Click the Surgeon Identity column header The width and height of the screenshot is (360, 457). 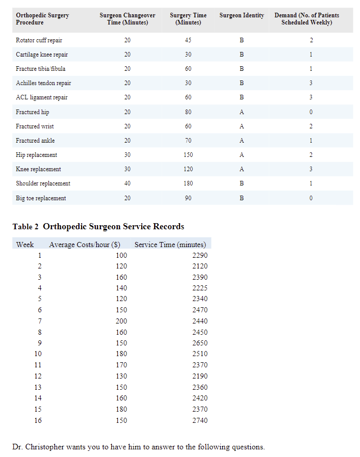[242, 15]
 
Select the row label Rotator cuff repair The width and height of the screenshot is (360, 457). [39, 40]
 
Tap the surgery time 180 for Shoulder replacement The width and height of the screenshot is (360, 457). [188, 183]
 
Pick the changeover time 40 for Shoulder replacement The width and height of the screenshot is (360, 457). [127, 183]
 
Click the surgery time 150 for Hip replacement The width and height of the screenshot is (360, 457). [188, 155]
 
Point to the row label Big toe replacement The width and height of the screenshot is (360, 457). [41, 198]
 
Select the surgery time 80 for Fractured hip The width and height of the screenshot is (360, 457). [188, 112]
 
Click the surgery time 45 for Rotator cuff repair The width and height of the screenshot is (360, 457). [188, 40]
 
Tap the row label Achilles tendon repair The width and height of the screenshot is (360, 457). [43, 83]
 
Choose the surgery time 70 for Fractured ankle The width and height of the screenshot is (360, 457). [188, 141]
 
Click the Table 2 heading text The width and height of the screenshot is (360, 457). [98, 227]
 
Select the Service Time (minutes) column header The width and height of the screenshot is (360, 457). [170, 245]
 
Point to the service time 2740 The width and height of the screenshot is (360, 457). [200, 421]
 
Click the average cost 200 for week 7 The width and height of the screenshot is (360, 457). [121, 321]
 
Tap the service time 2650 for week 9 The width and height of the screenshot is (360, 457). [200, 343]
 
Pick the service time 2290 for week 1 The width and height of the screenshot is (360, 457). [200, 255]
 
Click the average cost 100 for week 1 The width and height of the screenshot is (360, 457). [121, 255]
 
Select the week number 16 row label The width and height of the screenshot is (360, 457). [38, 421]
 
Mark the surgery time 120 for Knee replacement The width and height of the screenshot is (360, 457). [188, 169]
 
